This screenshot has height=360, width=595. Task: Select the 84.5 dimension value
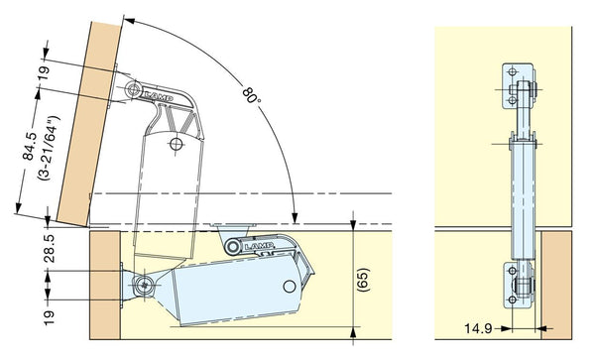pos(30,146)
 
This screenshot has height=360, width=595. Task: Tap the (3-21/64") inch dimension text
pos(49,148)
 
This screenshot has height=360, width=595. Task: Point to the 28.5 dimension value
pos(49,248)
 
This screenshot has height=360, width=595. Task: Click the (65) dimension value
pos(362,280)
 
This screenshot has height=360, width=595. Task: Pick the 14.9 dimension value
pos(478,328)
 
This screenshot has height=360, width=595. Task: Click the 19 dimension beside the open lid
pos(44,73)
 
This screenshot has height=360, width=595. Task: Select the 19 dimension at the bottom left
pos(49,317)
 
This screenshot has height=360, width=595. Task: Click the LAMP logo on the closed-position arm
pos(259,247)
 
